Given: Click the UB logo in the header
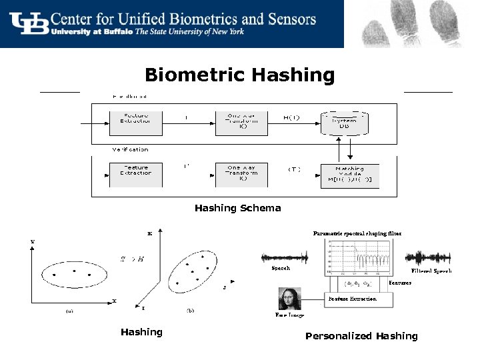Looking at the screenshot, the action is pyautogui.click(x=30, y=23).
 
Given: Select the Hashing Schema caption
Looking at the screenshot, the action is pyautogui.click(x=237, y=208).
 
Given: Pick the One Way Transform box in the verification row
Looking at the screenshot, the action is pyautogui.click(x=242, y=173).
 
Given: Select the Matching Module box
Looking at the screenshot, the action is pyautogui.click(x=349, y=175).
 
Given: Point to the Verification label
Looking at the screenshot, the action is pyautogui.click(x=130, y=150).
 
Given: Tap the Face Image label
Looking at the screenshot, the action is pyautogui.click(x=289, y=315).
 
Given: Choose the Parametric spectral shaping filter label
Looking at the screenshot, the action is pyautogui.click(x=357, y=234).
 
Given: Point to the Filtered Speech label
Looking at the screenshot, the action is pyautogui.click(x=431, y=271).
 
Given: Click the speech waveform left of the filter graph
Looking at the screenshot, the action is pyautogui.click(x=285, y=257).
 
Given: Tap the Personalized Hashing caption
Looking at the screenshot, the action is pyautogui.click(x=361, y=336).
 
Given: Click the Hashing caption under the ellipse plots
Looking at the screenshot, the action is pyautogui.click(x=141, y=332).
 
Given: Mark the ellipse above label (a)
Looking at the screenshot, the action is pyautogui.click(x=74, y=273).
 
